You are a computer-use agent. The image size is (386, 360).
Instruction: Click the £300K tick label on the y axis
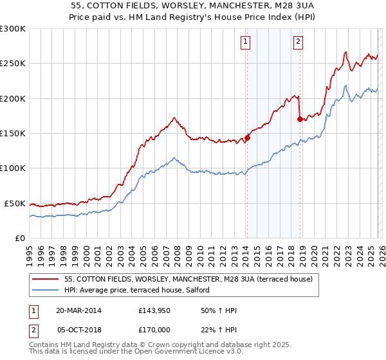[x=13, y=29]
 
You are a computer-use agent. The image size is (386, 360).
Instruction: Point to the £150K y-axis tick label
[x=13, y=134]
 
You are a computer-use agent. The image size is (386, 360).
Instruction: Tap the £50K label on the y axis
[x=15, y=203]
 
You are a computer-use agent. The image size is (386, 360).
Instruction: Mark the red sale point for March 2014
[x=247, y=137]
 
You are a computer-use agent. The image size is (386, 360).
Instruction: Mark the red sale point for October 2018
[x=300, y=119]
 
